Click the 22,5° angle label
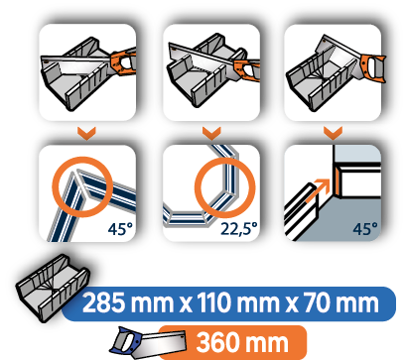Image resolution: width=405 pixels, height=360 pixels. click(x=239, y=227)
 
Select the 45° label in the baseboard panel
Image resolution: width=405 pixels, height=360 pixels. click(x=366, y=227)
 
